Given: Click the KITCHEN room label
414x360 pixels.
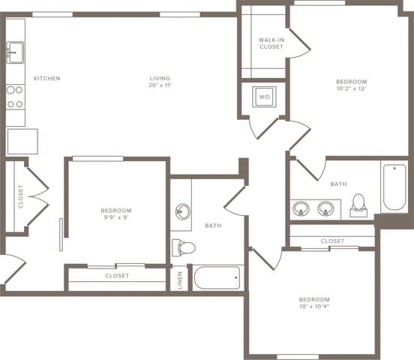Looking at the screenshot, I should pos(46,78).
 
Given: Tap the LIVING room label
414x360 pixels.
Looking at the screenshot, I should pos(159,78).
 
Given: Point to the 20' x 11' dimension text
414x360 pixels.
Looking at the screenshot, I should pos(160,85).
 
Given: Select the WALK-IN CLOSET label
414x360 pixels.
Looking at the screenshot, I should pos(271,43).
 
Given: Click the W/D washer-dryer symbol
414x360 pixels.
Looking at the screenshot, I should pos(264,97).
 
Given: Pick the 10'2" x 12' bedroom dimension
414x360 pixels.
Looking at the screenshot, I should pos(350,88).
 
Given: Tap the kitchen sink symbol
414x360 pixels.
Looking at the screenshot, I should pos(15,52).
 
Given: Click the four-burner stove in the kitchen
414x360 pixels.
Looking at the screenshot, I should pos(15,96).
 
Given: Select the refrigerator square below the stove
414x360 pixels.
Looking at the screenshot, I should pos(22,141).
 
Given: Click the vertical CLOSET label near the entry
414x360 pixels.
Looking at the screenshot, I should pos(21,196).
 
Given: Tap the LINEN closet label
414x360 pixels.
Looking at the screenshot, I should pos(179,278).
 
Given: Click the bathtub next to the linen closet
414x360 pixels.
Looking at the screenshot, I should pos(217,277).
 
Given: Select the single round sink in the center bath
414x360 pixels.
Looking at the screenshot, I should pos(182,211).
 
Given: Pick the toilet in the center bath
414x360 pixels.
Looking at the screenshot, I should pos(184,247).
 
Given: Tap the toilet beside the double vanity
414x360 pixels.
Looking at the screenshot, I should pos(358,204).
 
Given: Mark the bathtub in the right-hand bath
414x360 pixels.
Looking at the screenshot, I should pos(394,187).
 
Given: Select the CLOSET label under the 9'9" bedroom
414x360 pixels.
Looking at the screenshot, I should pos(117,275).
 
